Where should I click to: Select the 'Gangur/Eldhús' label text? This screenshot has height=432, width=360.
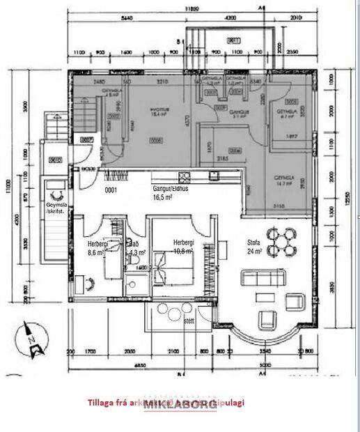tap(172, 188)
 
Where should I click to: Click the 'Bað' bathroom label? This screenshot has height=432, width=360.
tap(134, 245)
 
